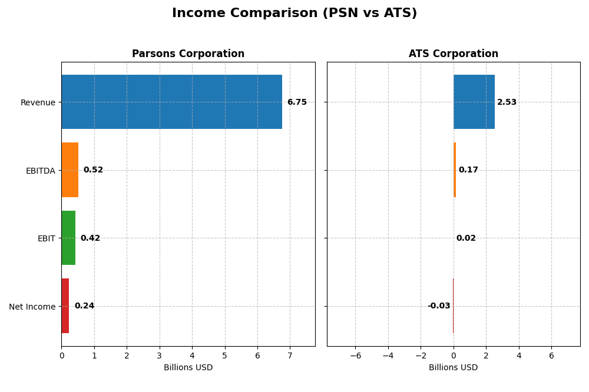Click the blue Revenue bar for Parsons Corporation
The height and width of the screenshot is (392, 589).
171,102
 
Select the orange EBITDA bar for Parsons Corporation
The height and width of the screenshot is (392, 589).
70,170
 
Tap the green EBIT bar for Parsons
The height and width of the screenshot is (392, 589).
68,238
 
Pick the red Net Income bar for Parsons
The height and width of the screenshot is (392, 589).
65,306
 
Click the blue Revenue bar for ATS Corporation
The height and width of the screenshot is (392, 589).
474,102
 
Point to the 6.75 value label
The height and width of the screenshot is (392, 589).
297,102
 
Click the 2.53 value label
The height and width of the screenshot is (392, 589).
507,102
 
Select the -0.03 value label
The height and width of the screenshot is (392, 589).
439,306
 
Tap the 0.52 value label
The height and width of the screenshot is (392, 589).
93,170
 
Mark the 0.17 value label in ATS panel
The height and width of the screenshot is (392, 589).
468,170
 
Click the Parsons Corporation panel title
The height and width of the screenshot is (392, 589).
188,54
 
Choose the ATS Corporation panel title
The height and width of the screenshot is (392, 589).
454,54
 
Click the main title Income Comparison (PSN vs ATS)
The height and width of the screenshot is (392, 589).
294,14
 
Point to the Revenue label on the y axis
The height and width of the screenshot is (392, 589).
38,102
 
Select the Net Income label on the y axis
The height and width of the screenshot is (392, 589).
32,307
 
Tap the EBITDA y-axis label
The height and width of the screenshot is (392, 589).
40,171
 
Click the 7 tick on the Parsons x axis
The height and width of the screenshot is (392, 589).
290,356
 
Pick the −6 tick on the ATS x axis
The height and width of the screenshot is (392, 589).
355,356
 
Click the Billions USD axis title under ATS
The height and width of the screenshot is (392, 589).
454,368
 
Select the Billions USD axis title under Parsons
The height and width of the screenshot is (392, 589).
188,368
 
